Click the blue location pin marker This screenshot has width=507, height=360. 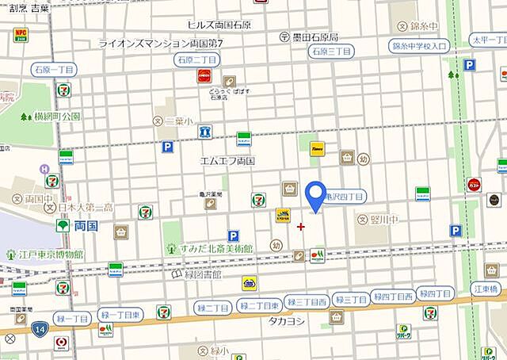coord(316,196)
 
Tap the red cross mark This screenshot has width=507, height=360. coord(300,227)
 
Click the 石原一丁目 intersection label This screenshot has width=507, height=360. coord(196,59)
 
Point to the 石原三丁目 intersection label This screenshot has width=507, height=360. coord(331,52)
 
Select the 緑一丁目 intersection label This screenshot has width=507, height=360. coord(71,319)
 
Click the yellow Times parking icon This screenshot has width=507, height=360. coord(317,148)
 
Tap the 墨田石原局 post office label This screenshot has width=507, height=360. coord(309,37)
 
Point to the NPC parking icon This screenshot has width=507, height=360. coord(20,36)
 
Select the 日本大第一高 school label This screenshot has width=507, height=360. coord(84,208)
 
